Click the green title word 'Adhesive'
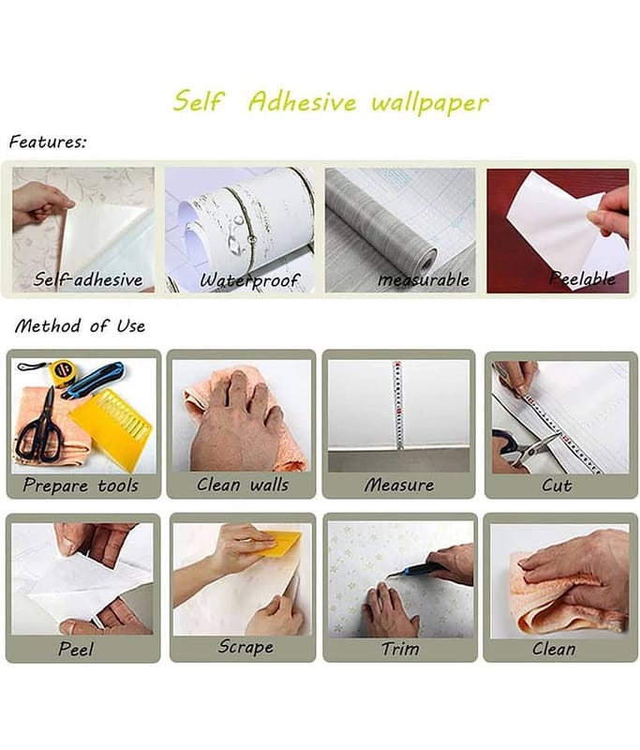[x=302, y=101]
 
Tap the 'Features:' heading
[x=48, y=142]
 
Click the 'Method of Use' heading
[x=80, y=326]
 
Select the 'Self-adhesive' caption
[x=88, y=279]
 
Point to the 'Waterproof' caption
[x=249, y=280]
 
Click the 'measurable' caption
[x=424, y=279]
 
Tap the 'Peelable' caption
[x=582, y=278]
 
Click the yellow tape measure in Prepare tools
[x=61, y=371]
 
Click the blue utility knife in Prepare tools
[x=93, y=380]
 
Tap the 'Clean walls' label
[x=243, y=485]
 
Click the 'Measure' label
[x=399, y=485]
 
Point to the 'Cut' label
[x=557, y=486]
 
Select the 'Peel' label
[x=76, y=649]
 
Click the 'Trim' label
[x=400, y=649]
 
